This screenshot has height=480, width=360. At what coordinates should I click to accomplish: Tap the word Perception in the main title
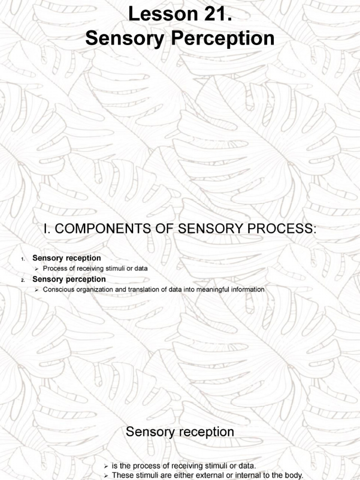click(224, 38)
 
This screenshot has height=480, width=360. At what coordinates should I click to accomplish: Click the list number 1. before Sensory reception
click(22, 259)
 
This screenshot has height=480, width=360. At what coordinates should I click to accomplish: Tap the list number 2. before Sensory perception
click(22, 280)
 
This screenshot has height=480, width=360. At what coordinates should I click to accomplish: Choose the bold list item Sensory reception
click(67, 258)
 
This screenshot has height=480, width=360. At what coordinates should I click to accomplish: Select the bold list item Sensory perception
click(69, 279)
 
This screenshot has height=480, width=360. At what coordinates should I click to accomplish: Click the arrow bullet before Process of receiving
click(37, 269)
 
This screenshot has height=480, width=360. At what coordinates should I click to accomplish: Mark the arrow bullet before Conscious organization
click(37, 290)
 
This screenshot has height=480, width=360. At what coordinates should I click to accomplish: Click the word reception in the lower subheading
click(207, 432)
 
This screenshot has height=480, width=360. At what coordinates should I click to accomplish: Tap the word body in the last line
click(292, 475)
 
